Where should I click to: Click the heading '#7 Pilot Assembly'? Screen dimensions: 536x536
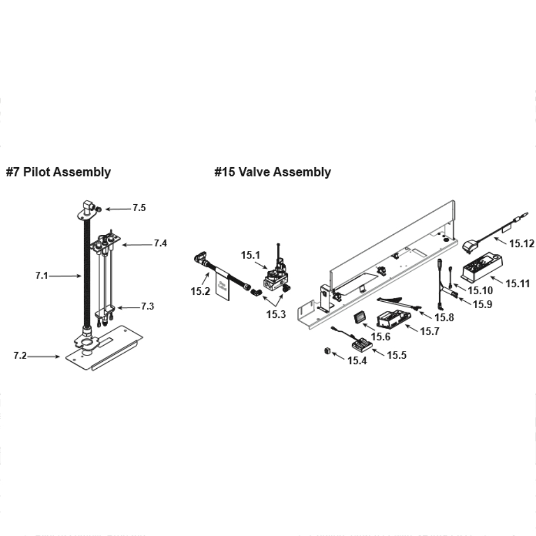58,172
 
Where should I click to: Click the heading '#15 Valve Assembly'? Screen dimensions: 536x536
272,172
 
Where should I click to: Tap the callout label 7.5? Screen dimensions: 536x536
139,208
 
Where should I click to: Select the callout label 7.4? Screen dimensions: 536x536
160,243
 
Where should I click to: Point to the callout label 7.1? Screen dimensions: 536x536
42,276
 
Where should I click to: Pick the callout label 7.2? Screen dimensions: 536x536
20,355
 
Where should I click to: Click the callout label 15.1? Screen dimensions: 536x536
250,255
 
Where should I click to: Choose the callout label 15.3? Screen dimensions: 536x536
276,314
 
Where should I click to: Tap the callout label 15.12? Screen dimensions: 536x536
522,244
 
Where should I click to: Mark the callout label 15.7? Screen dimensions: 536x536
429,331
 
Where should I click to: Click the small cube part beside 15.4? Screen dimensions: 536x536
325,352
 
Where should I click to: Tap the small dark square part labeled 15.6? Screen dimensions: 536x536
359,318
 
